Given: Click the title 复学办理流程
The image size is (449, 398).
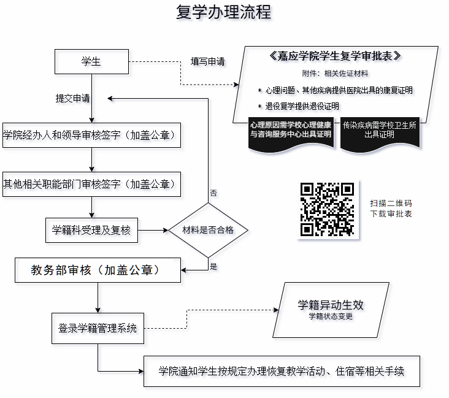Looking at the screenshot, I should coord(223,12).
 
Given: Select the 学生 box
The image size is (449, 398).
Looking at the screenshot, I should coord(91,61).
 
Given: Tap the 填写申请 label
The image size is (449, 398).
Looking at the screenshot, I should coord(207,61).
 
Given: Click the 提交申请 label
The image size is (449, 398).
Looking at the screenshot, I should coord(72,98).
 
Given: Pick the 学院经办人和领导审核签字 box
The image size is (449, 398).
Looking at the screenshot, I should coord(91,135).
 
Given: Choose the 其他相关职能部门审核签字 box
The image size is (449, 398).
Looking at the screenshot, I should coord(91,184).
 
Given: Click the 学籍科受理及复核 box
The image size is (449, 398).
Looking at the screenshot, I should coord(91,231).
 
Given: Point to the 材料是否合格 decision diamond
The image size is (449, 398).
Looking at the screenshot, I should coord(209,231).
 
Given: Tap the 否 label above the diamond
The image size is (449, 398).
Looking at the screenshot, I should coord(213,193).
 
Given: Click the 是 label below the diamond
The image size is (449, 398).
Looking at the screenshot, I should coord(213,266).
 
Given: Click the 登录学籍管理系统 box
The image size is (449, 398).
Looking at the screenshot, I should coord(98,327).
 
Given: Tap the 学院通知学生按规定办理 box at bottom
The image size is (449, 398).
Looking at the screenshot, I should coord(282,371).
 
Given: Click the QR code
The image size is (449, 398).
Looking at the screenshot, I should coord(327,210).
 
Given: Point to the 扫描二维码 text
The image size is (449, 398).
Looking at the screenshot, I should coord(391,203).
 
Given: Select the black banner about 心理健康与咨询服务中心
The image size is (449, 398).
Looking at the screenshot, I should coord(291,130).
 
